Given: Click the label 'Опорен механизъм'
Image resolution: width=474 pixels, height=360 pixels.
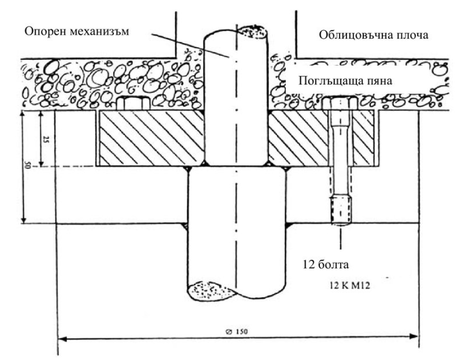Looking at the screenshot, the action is [77, 31].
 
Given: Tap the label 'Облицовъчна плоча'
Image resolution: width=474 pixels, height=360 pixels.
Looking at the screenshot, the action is [374, 35].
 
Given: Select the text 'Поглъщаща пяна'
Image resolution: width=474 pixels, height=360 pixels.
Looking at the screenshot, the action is [346, 81].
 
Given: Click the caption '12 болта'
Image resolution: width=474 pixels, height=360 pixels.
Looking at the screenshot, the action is [325, 265].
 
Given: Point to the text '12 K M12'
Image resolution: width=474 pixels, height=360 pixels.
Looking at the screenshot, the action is [350, 285].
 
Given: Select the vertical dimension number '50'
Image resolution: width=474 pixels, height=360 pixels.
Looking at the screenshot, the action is [26, 165].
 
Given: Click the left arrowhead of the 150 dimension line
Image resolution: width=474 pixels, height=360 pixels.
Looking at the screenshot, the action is [61, 338].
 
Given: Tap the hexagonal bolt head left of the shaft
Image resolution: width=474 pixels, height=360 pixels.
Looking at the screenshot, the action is [132, 103].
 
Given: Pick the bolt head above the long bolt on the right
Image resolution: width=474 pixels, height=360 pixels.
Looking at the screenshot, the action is [340, 104].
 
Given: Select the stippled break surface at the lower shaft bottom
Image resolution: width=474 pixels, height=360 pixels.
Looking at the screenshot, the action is [211, 292].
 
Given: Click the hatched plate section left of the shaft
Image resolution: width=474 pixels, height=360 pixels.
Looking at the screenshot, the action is [151, 138].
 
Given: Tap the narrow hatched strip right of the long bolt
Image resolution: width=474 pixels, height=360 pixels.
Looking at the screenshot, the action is [364, 138].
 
